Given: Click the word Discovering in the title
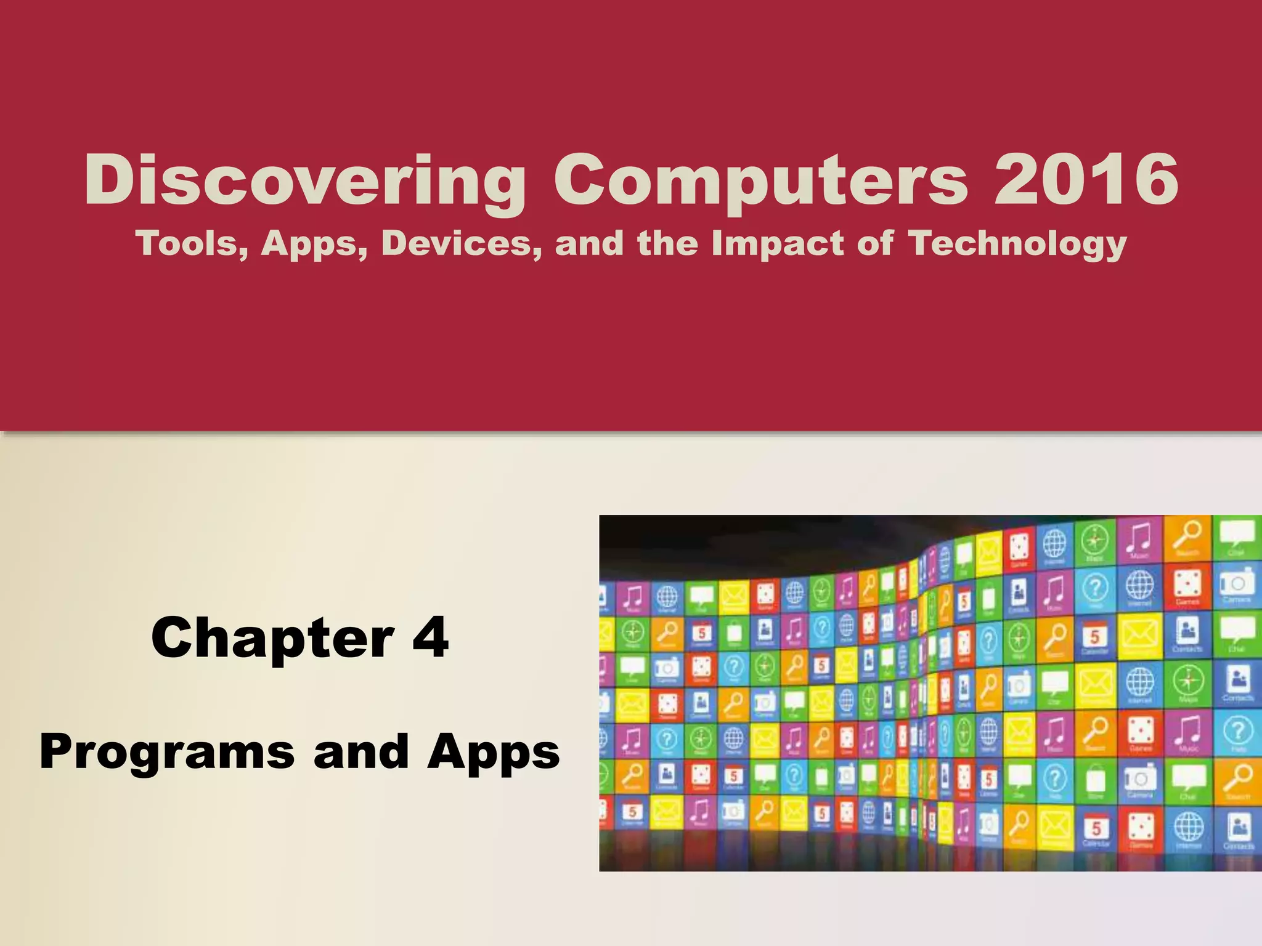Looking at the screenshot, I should pos(305,180).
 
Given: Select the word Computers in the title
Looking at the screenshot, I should pos(760,180).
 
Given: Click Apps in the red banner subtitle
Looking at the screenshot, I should pos(313,244).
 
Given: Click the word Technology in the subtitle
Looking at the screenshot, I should pos(1017,244).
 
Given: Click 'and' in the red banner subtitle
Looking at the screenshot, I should pos(589,243).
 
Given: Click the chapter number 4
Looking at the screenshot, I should pos(430,637).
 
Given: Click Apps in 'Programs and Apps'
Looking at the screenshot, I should pos(493,753).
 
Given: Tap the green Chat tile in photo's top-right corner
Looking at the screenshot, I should pos(1237,538).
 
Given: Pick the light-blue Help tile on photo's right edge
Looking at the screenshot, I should pos(1237,734).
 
